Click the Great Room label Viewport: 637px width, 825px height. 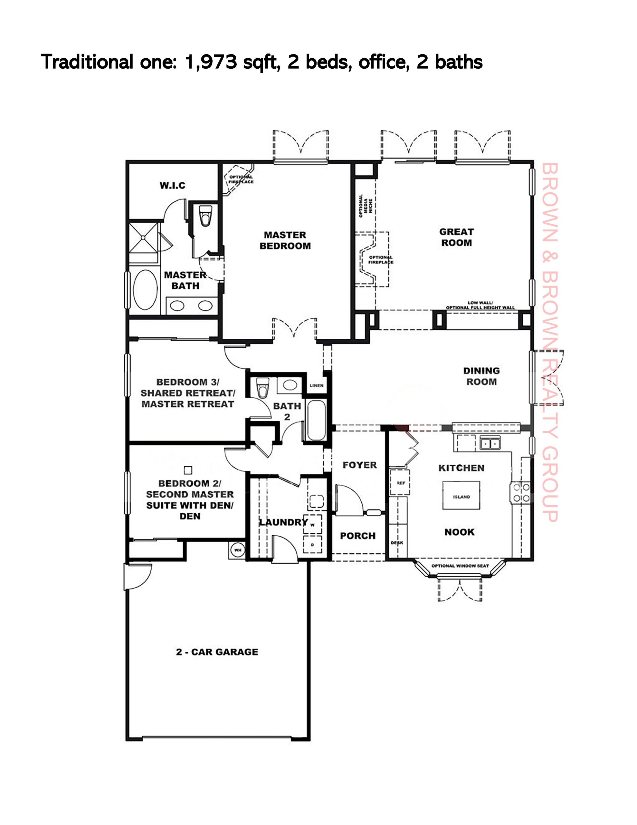tap(457, 237)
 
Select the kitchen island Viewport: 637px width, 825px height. tap(461, 496)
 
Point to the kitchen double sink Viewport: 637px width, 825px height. tap(490, 443)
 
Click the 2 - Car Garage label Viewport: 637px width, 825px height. tap(217, 652)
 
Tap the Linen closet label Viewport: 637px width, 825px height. tap(317, 386)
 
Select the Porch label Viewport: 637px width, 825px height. tap(357, 536)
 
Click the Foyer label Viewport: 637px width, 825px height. tap(359, 465)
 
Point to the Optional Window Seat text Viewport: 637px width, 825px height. tap(460, 566)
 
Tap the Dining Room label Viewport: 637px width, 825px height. tap(481, 376)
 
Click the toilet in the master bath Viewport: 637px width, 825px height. tap(205, 215)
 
